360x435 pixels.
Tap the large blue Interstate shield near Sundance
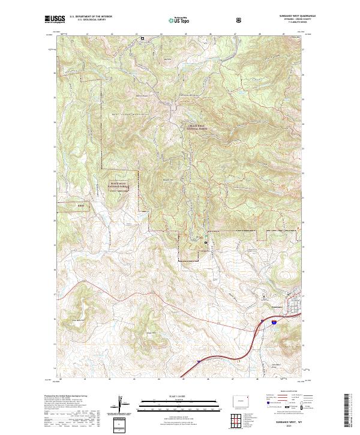tap(274, 322)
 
